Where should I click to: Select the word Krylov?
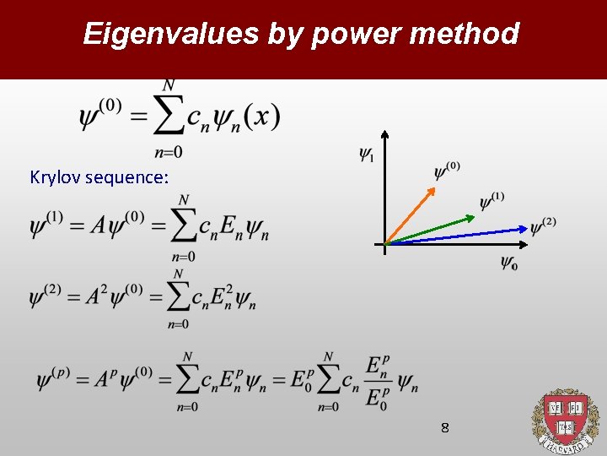(55, 177)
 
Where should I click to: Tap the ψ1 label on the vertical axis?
(366, 154)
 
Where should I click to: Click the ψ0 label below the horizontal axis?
(508, 263)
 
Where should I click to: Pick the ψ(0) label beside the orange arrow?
(447, 171)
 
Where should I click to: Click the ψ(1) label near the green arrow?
(492, 201)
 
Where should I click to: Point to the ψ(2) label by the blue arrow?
(543, 225)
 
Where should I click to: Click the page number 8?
(445, 428)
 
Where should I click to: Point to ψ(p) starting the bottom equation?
(53, 379)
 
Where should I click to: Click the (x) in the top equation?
(266, 117)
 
